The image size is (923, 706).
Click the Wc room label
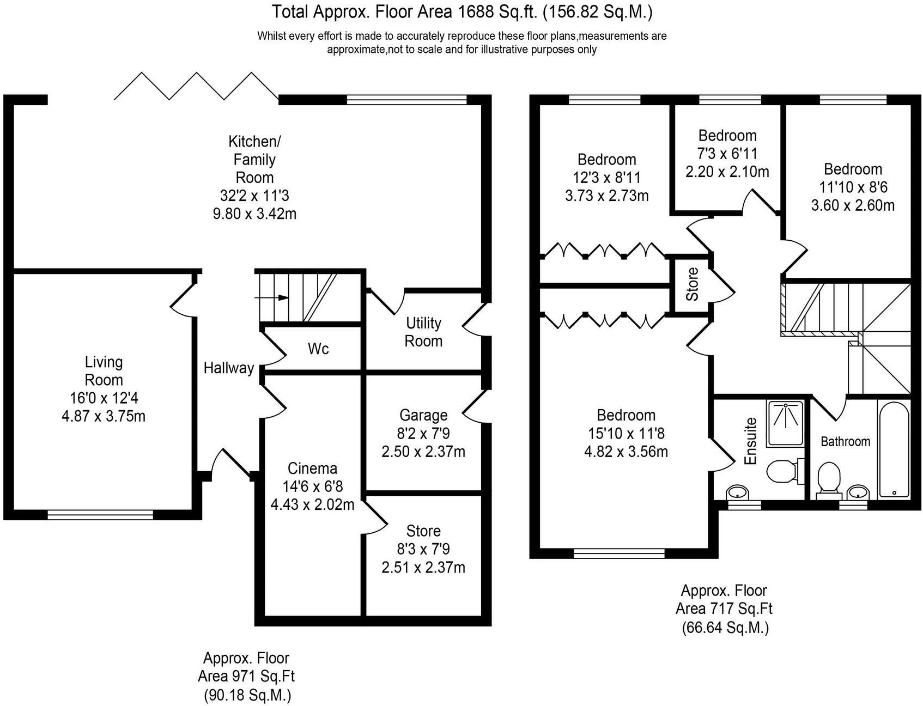point(318,349)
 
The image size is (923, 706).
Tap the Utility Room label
point(423,332)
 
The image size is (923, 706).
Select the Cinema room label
point(312,468)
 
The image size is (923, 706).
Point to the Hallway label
point(228,368)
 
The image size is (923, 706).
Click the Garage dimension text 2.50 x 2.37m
point(423,452)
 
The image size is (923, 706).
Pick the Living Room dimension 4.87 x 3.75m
point(104,417)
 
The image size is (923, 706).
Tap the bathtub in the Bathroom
point(893,449)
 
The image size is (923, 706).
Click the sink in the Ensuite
point(737,492)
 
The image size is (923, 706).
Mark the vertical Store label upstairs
point(692,284)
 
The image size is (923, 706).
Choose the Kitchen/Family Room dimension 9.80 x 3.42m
point(254,214)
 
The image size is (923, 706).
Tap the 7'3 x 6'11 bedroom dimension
point(727,154)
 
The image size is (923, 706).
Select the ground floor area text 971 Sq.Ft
point(246,677)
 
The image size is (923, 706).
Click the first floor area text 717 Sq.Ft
point(724,608)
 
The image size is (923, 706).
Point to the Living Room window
point(100,513)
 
